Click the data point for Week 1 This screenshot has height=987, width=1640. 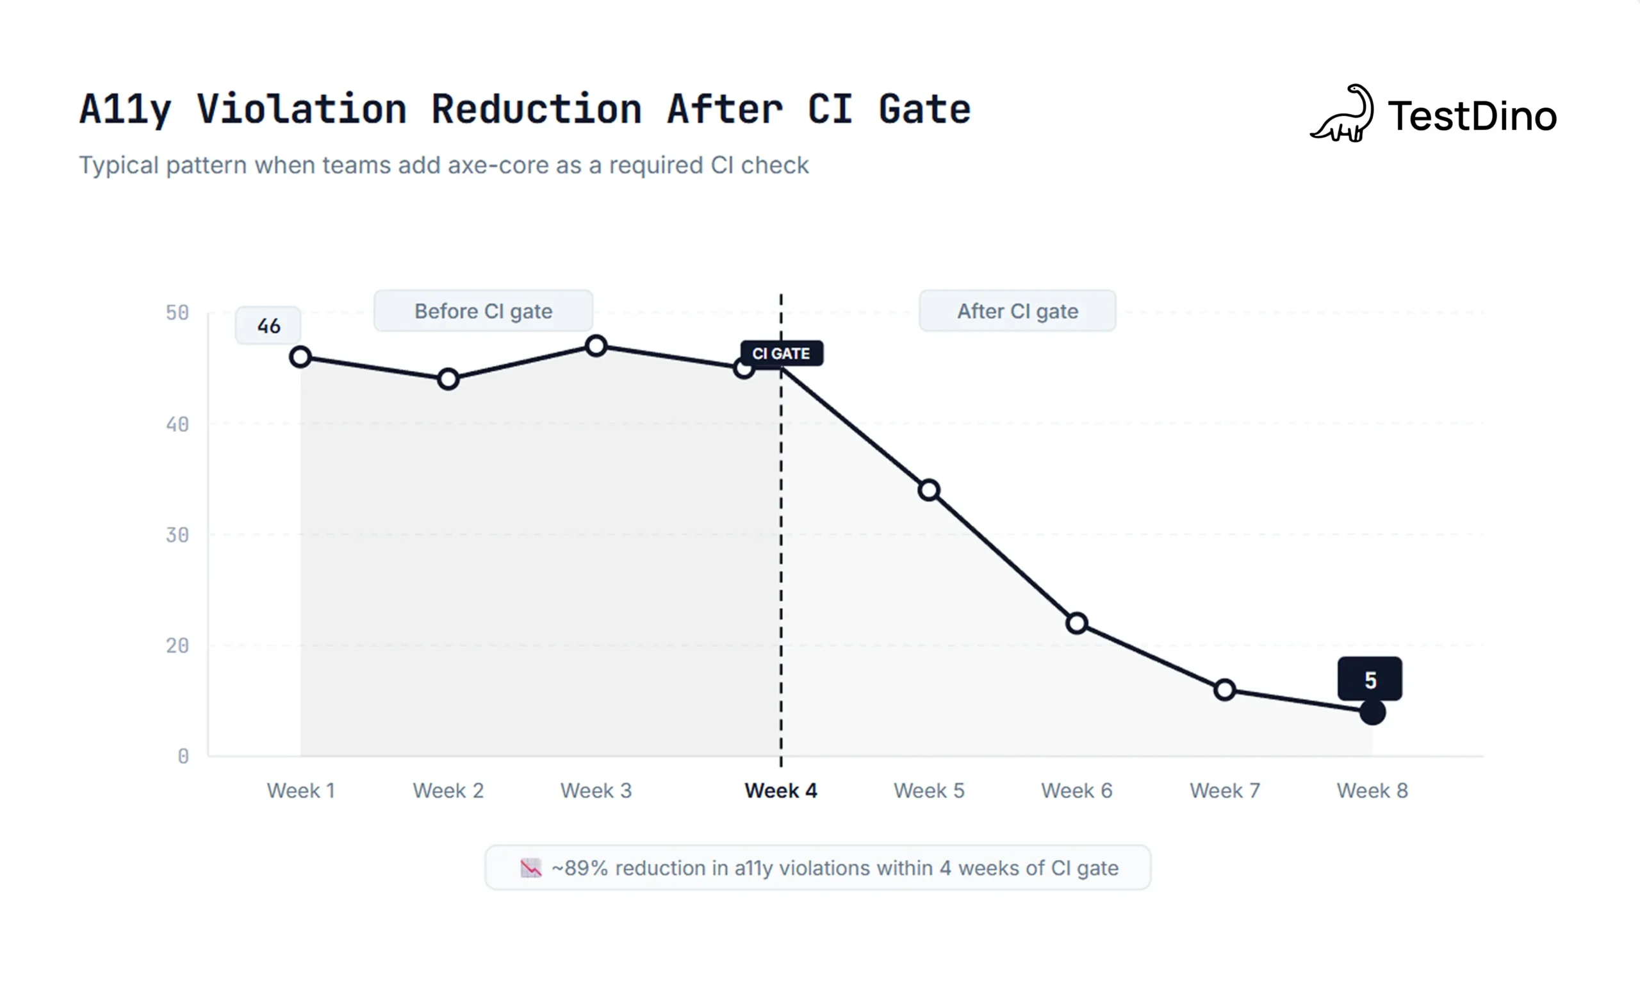(x=300, y=357)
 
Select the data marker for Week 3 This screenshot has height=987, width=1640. (x=596, y=346)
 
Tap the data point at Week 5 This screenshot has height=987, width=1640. (x=929, y=490)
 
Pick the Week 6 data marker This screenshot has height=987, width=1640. (x=1077, y=623)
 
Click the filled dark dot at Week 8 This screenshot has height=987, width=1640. (x=1372, y=712)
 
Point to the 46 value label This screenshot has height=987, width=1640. (x=268, y=326)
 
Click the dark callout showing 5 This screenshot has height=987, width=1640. (x=1370, y=680)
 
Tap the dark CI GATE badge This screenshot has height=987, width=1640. (x=782, y=353)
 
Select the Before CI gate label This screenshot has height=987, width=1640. (x=483, y=311)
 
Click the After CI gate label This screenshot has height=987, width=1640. (x=1017, y=311)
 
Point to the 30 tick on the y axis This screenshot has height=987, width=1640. (x=177, y=535)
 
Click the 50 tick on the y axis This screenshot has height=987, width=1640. (x=177, y=313)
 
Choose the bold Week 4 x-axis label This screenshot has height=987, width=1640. (x=780, y=790)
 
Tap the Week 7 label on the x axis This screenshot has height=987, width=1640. (x=1224, y=790)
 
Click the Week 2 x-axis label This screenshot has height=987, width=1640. (x=448, y=790)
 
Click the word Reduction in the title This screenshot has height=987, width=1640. (x=536, y=109)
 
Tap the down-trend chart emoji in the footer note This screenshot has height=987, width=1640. (x=530, y=868)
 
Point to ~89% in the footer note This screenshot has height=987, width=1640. (x=580, y=868)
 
